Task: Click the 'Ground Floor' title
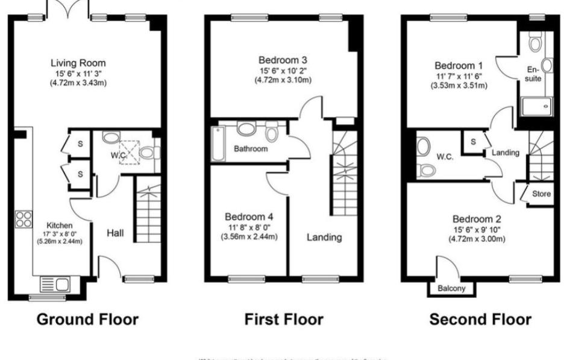tap(87, 319)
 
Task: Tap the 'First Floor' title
tap(284, 319)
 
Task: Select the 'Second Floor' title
tap(480, 319)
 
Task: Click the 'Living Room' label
tap(78, 63)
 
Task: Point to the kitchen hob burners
tap(24, 219)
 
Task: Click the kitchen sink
tap(55, 283)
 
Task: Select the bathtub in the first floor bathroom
tap(218, 144)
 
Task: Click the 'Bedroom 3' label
tap(283, 60)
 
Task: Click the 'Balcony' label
tap(452, 289)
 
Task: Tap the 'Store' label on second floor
tap(541, 194)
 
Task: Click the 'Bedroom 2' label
tap(476, 219)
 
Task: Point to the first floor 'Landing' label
tap(324, 237)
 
